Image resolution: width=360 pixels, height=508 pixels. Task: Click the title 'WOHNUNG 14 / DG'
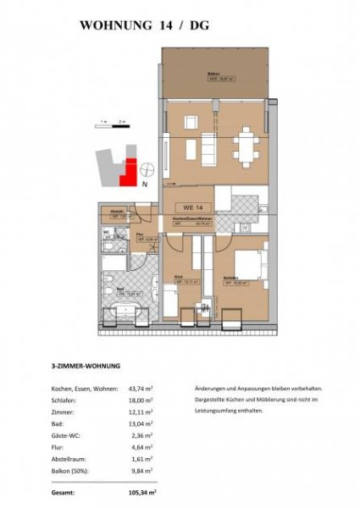[144, 26]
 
